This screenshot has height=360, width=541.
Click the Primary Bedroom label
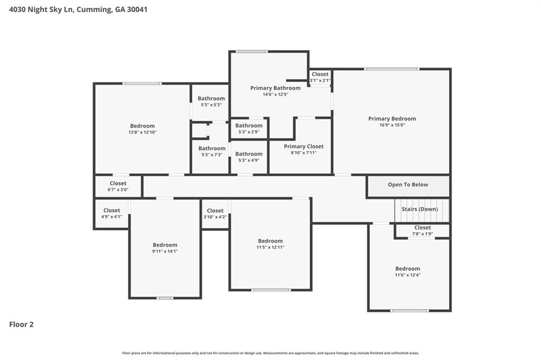click(x=392, y=119)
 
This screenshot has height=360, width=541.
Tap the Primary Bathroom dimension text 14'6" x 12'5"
click(x=275, y=94)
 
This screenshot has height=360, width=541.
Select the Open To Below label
click(x=408, y=184)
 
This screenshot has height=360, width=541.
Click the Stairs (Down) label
click(x=419, y=209)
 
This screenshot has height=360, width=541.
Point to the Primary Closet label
click(x=304, y=146)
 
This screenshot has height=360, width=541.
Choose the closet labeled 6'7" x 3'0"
click(x=118, y=186)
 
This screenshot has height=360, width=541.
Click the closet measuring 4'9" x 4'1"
click(x=111, y=213)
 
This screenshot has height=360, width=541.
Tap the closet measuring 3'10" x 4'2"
click(x=215, y=213)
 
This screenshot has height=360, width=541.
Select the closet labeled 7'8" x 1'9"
click(x=422, y=230)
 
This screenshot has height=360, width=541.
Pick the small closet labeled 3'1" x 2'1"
click(x=320, y=77)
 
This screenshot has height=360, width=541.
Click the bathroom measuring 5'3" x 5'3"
click(x=211, y=101)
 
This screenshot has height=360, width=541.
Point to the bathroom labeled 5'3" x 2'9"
click(x=249, y=128)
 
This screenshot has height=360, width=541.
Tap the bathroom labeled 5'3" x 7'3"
click(x=212, y=151)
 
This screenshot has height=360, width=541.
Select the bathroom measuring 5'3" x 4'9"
click(x=249, y=157)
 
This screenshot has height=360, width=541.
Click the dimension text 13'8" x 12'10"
click(x=143, y=132)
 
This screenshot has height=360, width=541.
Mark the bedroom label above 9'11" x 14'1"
click(x=165, y=245)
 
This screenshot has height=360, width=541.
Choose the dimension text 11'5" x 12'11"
click(x=270, y=247)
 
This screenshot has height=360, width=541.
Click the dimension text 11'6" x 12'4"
click(x=408, y=275)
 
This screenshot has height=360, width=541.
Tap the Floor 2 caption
click(x=21, y=324)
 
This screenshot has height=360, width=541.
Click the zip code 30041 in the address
click(x=137, y=10)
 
